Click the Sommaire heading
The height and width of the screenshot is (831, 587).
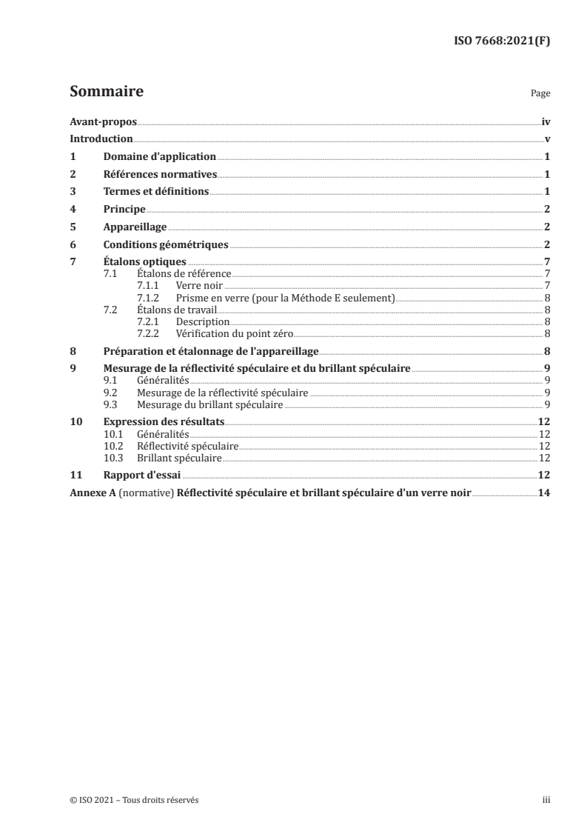coord(106,93)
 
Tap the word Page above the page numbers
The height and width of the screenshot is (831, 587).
coord(540,95)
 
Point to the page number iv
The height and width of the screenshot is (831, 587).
coord(546,121)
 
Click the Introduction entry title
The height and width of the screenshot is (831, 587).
coord(101,139)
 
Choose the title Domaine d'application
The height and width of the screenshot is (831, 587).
coord(159,157)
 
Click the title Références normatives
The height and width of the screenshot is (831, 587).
coord(160,175)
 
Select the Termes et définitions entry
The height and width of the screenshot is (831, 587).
coord(156,192)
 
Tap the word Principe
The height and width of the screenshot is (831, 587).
coord(124,210)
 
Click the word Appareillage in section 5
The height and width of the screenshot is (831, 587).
coord(135,227)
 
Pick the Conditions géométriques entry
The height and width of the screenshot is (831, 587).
coord(166,244)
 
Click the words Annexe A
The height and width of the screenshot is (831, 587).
coord(90,493)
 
